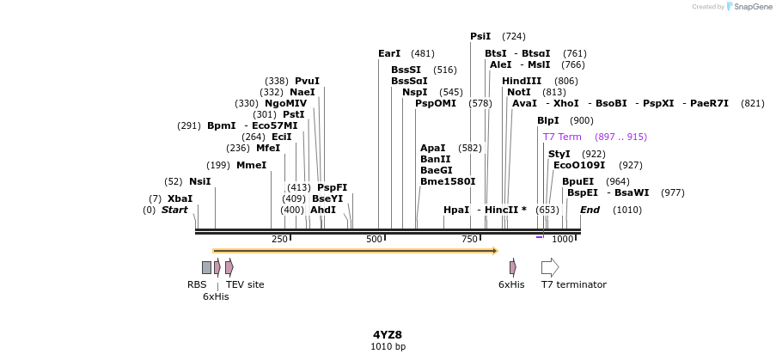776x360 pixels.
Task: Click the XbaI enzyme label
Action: coord(180,198)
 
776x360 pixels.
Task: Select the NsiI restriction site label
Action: coord(199,181)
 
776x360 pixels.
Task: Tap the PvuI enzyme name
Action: coord(307,81)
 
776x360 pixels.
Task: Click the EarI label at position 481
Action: coord(389,53)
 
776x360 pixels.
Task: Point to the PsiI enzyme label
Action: coord(480,36)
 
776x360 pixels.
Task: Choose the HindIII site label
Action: coord(522,81)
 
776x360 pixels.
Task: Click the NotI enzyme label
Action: coord(519,92)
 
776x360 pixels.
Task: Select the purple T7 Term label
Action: coord(562,137)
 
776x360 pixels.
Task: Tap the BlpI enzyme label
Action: coord(547,120)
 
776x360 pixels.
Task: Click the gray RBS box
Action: coord(206,267)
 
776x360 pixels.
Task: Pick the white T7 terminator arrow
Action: coord(550,267)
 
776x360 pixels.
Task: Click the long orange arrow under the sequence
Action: coord(355,251)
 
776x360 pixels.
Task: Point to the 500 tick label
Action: coord(374,239)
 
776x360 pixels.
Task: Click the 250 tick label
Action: coord(279,239)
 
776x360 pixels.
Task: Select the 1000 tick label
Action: coord(562,239)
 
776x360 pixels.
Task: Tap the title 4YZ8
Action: coord(388,335)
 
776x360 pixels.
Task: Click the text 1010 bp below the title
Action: coord(388,347)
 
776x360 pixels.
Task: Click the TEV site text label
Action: coord(245,284)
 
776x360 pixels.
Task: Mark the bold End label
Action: coord(590,210)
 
